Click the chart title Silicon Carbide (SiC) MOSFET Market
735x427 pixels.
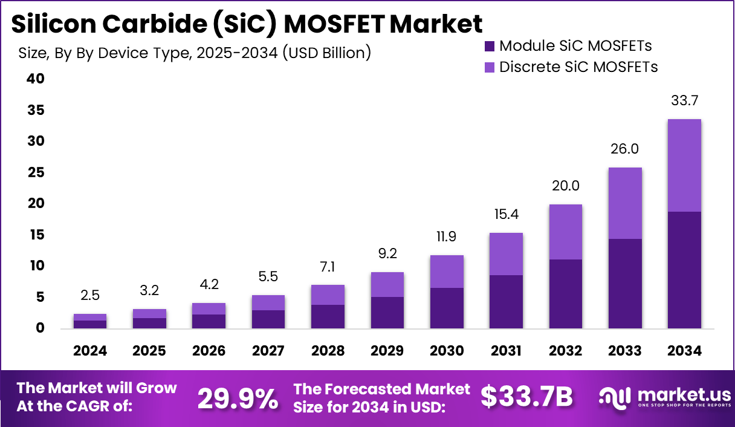point(247,24)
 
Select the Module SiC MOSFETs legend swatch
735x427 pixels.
point(490,46)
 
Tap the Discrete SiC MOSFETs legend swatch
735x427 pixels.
point(490,67)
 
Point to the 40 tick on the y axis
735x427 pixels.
point(36,79)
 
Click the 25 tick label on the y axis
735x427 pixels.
point(36,173)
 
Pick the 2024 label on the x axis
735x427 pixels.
point(90,351)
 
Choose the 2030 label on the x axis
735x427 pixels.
point(447,351)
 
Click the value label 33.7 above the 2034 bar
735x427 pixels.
point(684,100)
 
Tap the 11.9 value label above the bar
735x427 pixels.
point(447,236)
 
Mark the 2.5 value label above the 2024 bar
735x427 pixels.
point(90,295)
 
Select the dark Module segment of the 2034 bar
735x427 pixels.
point(684,270)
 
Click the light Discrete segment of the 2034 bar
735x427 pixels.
point(684,165)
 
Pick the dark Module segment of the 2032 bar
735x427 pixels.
point(565,294)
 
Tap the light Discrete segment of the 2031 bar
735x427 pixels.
point(506,254)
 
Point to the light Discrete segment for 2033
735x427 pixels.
point(625,203)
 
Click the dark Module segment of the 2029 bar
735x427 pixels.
point(387,313)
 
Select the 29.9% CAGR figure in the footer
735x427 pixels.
point(238,397)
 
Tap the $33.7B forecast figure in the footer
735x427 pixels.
point(526,397)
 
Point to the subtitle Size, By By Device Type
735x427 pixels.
point(194,53)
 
